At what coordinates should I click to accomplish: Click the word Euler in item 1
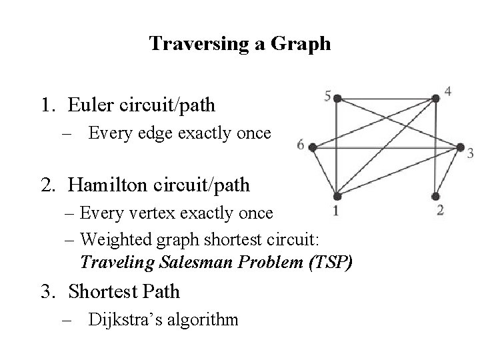point(89,105)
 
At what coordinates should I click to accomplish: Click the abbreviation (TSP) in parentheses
point(328,261)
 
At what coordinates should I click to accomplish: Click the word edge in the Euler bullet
point(155,133)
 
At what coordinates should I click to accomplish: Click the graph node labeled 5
point(337,99)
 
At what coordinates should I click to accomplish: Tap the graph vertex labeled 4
point(435,99)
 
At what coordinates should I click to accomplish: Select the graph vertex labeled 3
point(460,147)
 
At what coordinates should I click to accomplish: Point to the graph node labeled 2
point(435,196)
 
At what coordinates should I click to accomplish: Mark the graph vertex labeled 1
point(337,196)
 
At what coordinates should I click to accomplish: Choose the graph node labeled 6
point(313,147)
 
